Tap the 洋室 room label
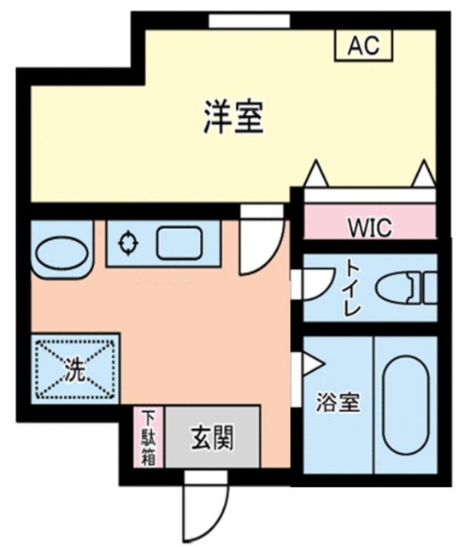point(232,117)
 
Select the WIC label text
point(369,228)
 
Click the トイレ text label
point(352,286)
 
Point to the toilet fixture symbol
point(408,287)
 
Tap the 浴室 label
point(338,403)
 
